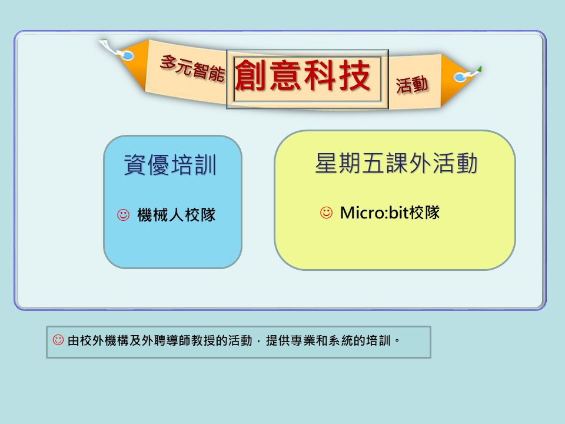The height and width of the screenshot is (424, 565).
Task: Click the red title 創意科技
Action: click(303, 75)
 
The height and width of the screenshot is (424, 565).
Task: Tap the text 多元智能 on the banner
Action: click(192, 68)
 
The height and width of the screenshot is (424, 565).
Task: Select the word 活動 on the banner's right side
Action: click(412, 85)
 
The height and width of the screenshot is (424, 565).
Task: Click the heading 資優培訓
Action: click(170, 165)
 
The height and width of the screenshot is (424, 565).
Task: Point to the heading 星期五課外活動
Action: click(396, 163)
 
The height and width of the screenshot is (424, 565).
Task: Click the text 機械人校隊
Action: click(176, 216)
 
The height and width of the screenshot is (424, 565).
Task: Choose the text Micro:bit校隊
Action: click(390, 213)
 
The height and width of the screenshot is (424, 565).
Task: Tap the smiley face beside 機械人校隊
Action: click(123, 215)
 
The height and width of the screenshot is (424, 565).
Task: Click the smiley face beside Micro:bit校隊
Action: click(327, 213)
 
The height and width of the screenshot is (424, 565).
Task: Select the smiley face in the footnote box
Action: click(58, 340)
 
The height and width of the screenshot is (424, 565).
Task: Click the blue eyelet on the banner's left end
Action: click(127, 56)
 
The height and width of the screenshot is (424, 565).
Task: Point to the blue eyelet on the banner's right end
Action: click(460, 77)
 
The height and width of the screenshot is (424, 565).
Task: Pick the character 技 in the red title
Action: click(355, 75)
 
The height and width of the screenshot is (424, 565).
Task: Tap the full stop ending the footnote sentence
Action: click(397, 341)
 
